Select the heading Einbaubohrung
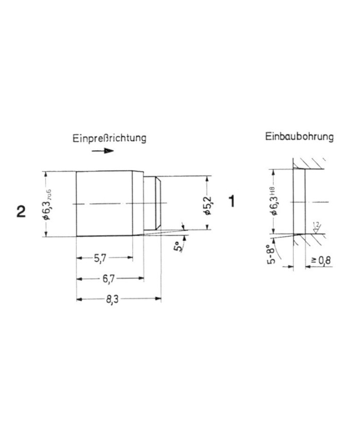(299, 137)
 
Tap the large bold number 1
(232, 201)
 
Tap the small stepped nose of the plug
(153, 204)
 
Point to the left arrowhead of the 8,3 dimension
(79, 299)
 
